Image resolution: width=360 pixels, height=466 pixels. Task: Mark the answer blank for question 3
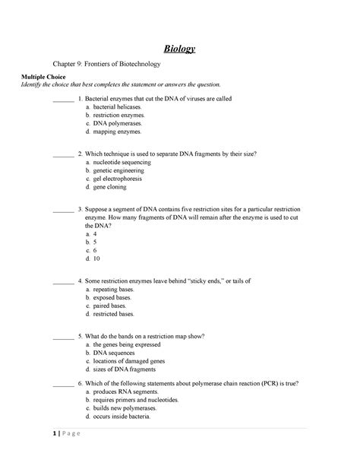click(x=64, y=207)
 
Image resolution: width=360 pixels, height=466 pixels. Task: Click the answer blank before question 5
click(x=64, y=335)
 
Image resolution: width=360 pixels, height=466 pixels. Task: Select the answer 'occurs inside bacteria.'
click(x=124, y=417)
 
